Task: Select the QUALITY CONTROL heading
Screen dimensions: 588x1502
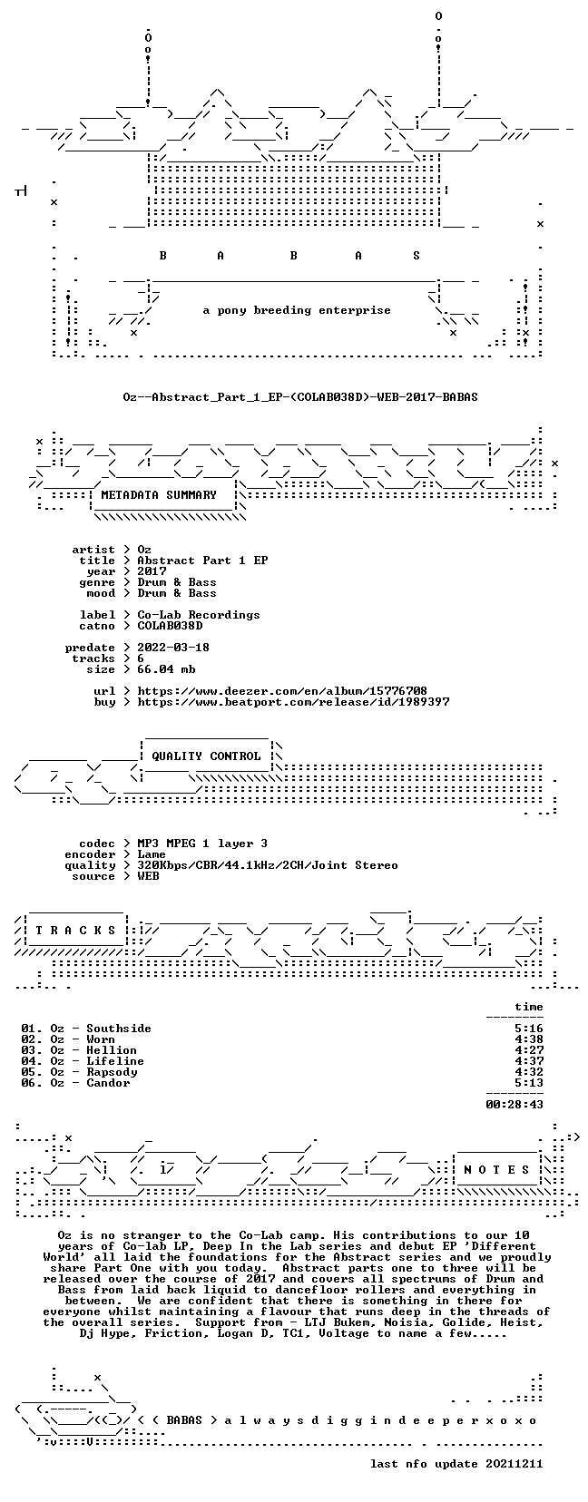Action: (206, 756)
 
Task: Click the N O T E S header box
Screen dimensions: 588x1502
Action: (497, 1169)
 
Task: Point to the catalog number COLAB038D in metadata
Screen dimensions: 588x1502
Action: (170, 626)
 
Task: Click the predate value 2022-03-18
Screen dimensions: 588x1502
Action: (173, 647)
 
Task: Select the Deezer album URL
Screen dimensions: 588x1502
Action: (282, 690)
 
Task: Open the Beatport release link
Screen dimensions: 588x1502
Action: (293, 701)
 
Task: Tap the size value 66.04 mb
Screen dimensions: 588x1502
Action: (166, 669)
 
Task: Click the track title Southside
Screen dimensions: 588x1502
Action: (119, 1028)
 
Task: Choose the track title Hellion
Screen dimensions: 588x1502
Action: (112, 1050)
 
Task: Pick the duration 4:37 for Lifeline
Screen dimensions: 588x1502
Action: (529, 1061)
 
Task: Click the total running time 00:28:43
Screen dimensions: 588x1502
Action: (514, 1105)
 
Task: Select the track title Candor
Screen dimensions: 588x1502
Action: (108, 1082)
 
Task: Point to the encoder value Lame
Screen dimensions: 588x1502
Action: (152, 854)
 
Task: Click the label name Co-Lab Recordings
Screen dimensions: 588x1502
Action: (199, 615)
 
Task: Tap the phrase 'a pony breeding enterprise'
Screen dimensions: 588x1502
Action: (297, 310)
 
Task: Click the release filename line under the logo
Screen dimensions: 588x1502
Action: (300, 397)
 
